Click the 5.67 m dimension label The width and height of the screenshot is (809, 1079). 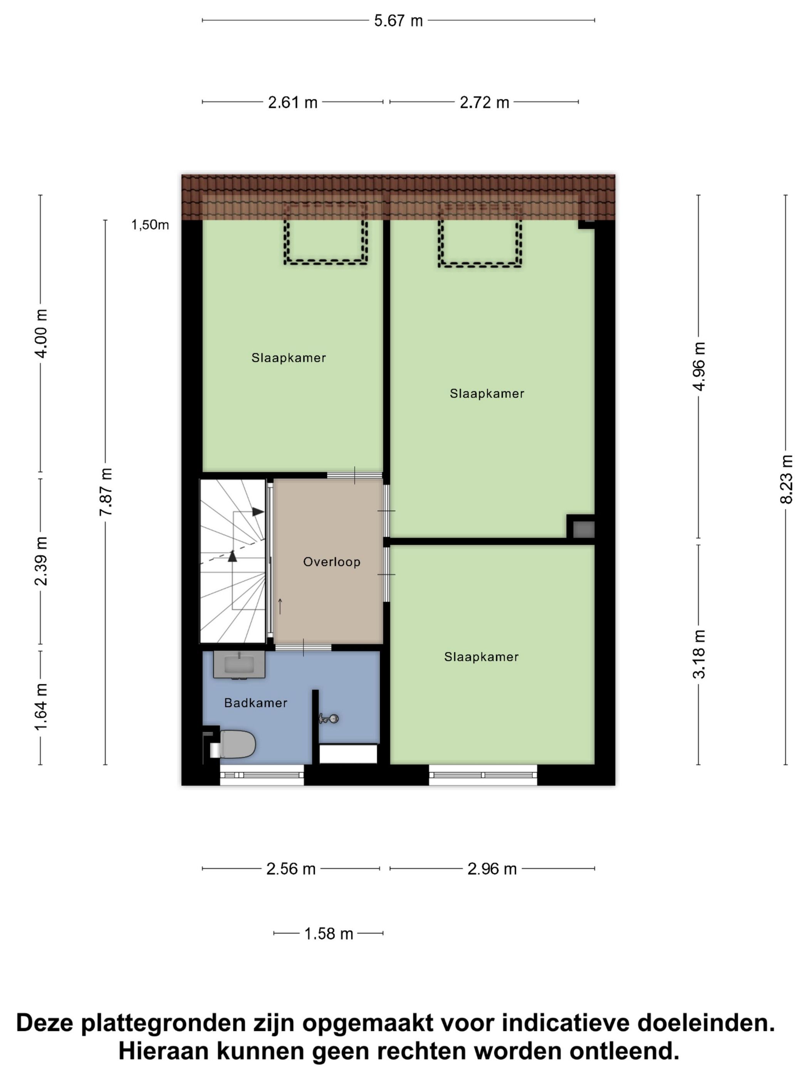point(398,21)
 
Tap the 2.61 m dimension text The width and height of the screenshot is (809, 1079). point(292,103)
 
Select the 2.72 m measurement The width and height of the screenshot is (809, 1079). point(484,103)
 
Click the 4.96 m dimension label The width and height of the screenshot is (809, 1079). point(699,367)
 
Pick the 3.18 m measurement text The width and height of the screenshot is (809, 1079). point(699,654)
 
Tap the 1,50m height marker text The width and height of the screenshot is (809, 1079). point(150,225)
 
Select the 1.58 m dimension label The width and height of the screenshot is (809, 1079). point(328,934)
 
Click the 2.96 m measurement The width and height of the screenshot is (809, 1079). point(492,869)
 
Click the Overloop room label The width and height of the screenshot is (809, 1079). point(332,562)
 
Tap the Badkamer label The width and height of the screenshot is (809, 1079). point(255,703)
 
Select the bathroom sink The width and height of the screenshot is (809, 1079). point(239,664)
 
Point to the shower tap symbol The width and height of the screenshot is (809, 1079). point(329,718)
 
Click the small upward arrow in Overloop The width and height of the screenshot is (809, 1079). point(280,606)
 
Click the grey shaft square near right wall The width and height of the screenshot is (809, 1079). point(584,529)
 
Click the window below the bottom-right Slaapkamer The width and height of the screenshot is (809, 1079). point(483,775)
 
